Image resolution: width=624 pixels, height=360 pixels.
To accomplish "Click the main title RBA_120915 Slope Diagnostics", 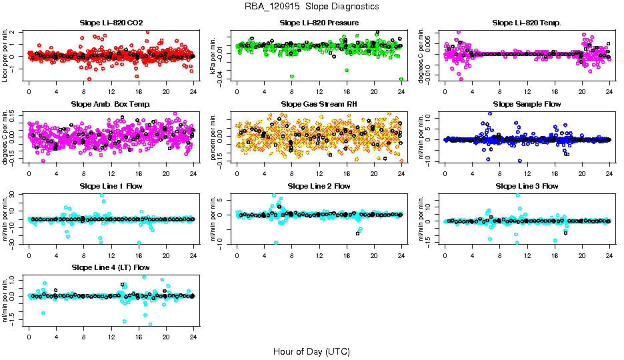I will pyautogui.click(x=312, y=6).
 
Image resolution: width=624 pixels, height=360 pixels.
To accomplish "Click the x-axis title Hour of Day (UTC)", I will pyautogui.click(x=311, y=351).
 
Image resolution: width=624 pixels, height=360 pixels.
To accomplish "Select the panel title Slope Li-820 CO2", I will pyautogui.click(x=111, y=23).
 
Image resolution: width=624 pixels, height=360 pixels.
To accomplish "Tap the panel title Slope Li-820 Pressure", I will pyautogui.click(x=319, y=23).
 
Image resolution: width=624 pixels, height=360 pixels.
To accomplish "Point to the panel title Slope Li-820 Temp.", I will pyautogui.click(x=527, y=23).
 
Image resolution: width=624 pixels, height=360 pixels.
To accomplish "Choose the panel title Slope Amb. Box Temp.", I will pyautogui.click(x=111, y=104).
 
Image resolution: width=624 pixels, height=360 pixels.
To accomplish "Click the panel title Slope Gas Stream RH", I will pyautogui.click(x=319, y=104).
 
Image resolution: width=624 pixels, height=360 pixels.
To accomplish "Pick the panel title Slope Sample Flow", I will pyautogui.click(x=527, y=104).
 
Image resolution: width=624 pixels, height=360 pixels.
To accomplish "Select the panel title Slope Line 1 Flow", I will pyautogui.click(x=111, y=186).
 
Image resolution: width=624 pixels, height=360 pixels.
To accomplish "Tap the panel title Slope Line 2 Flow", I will pyautogui.click(x=319, y=186).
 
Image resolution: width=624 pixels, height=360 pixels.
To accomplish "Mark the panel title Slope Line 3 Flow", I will pyautogui.click(x=527, y=186).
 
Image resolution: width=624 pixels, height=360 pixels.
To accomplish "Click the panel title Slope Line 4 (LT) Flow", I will pyautogui.click(x=111, y=267).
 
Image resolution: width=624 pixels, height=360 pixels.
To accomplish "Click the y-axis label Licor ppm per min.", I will pyautogui.click(x=5, y=55).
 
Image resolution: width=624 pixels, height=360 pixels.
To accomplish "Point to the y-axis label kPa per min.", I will pyautogui.click(x=214, y=55).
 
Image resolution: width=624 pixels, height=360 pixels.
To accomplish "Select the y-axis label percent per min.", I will pyautogui.click(x=214, y=137).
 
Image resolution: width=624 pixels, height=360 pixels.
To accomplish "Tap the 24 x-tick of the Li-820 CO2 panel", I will pyautogui.click(x=193, y=91).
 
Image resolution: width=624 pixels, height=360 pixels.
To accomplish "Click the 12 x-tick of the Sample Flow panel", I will pyautogui.click(x=527, y=173).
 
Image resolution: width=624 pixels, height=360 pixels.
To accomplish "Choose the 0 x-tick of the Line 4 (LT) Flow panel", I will pyautogui.click(x=29, y=336).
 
